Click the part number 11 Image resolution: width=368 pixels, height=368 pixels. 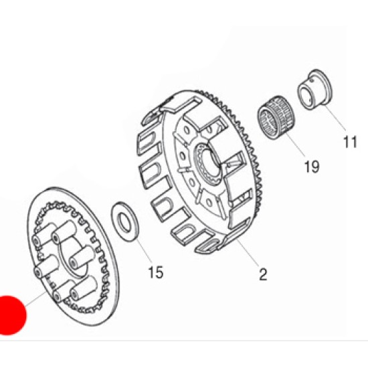point(350,142)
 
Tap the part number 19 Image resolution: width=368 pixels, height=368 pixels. point(312,167)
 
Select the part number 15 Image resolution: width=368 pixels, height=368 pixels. point(156,272)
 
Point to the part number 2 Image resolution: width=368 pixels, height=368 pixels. point(263,274)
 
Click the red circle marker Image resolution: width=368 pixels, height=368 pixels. point(9,315)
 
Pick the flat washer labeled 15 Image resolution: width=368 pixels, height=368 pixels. point(125,221)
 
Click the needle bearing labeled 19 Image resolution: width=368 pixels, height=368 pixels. point(276,118)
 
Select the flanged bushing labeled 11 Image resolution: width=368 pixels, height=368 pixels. point(315,90)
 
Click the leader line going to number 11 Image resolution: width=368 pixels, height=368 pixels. point(335,118)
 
